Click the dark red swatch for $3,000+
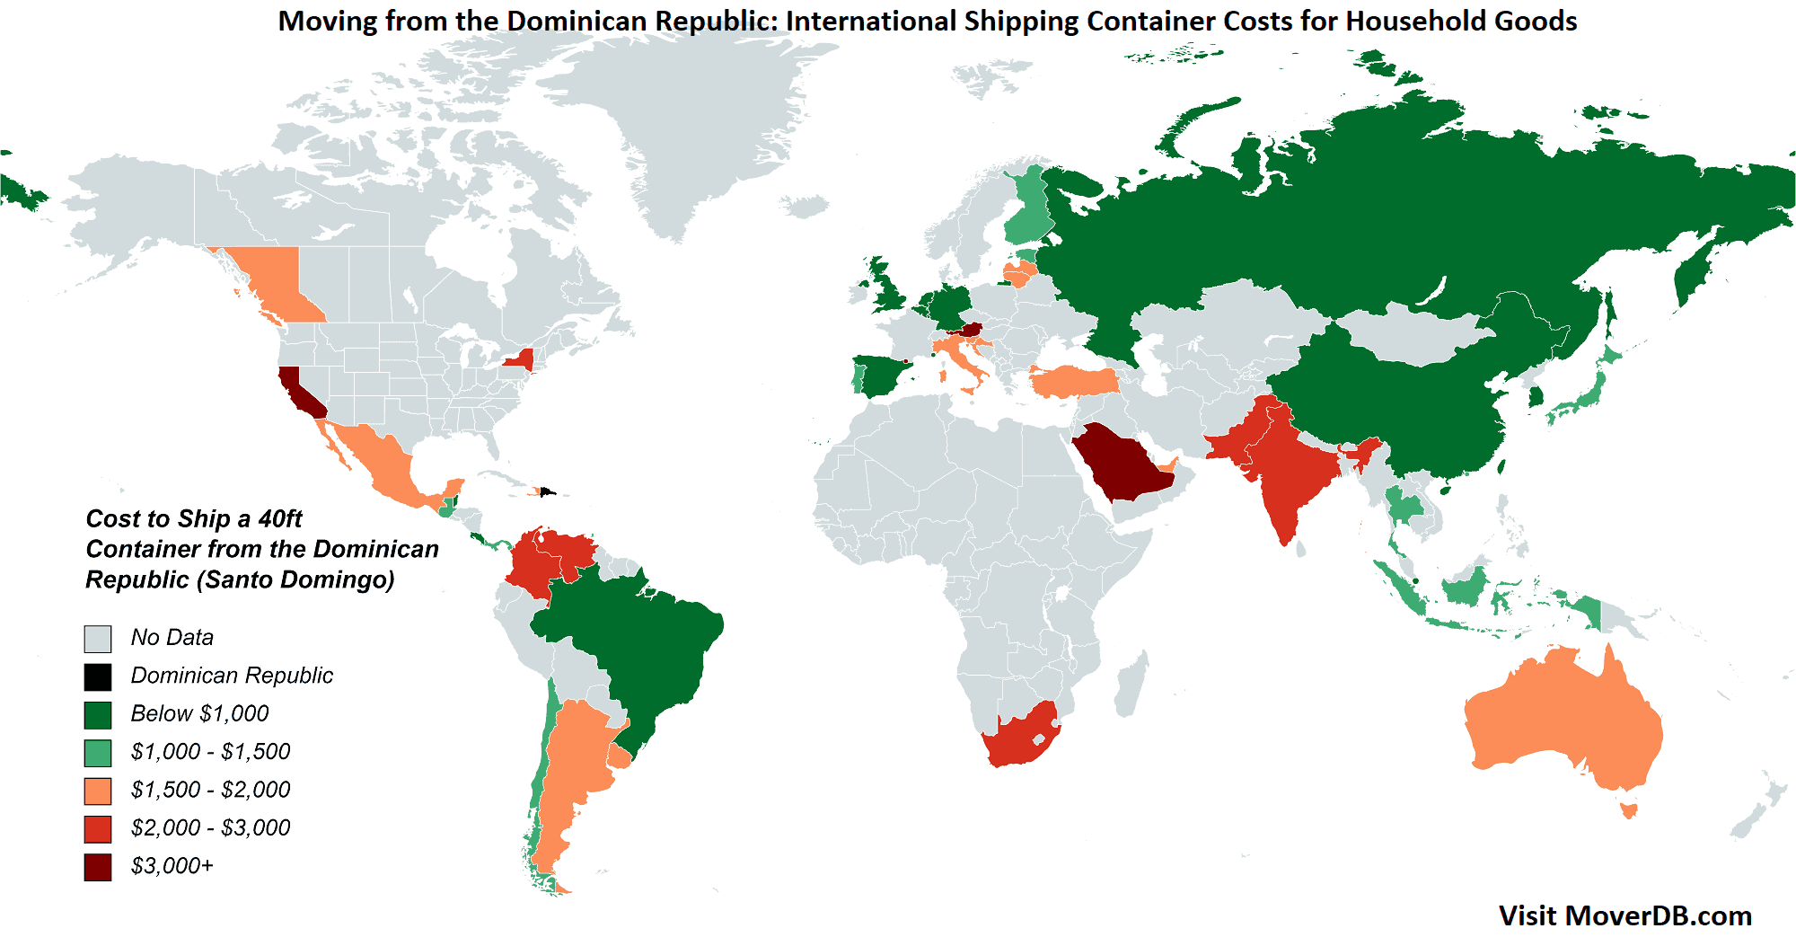point(98,867)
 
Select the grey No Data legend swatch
point(98,639)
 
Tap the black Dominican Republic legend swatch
point(98,676)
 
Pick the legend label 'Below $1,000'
point(199,713)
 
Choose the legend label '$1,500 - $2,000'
point(210,790)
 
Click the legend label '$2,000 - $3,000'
point(210,827)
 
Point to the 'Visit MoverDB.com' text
point(1624,915)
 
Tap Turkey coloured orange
point(1073,382)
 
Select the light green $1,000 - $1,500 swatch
point(98,752)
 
